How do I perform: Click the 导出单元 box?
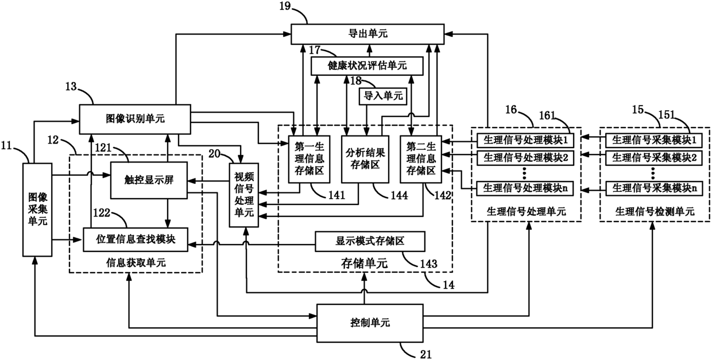point(367,34)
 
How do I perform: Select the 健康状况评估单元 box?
point(367,66)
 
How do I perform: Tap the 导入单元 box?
point(381,95)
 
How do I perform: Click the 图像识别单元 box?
point(135,118)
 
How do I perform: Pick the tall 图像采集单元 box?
point(37,209)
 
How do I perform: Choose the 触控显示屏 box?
point(149,180)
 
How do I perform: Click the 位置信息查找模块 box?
point(136,240)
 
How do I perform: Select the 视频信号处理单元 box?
point(245,196)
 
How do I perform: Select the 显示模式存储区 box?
point(370,241)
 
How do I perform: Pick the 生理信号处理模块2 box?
point(526,156)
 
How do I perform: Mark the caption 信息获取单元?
point(136,262)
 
